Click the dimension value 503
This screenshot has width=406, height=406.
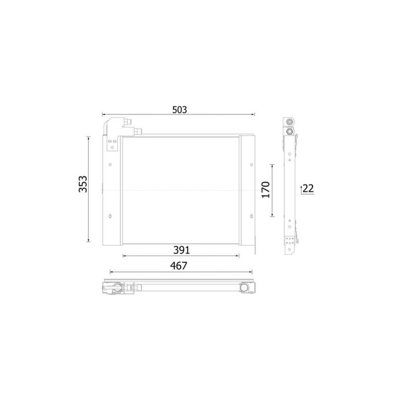click(x=180, y=110)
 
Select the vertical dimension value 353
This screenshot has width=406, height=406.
click(x=83, y=184)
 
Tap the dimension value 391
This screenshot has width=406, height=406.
click(x=181, y=250)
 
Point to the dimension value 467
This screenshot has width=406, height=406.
click(x=179, y=265)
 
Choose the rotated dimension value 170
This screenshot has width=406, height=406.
click(x=265, y=190)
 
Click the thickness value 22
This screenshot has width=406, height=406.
click(x=308, y=188)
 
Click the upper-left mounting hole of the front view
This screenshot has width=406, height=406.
click(x=110, y=164)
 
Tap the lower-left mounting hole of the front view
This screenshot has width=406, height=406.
click(x=110, y=216)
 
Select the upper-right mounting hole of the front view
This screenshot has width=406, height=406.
click(x=252, y=164)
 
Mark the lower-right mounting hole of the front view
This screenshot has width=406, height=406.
click(x=252, y=216)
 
